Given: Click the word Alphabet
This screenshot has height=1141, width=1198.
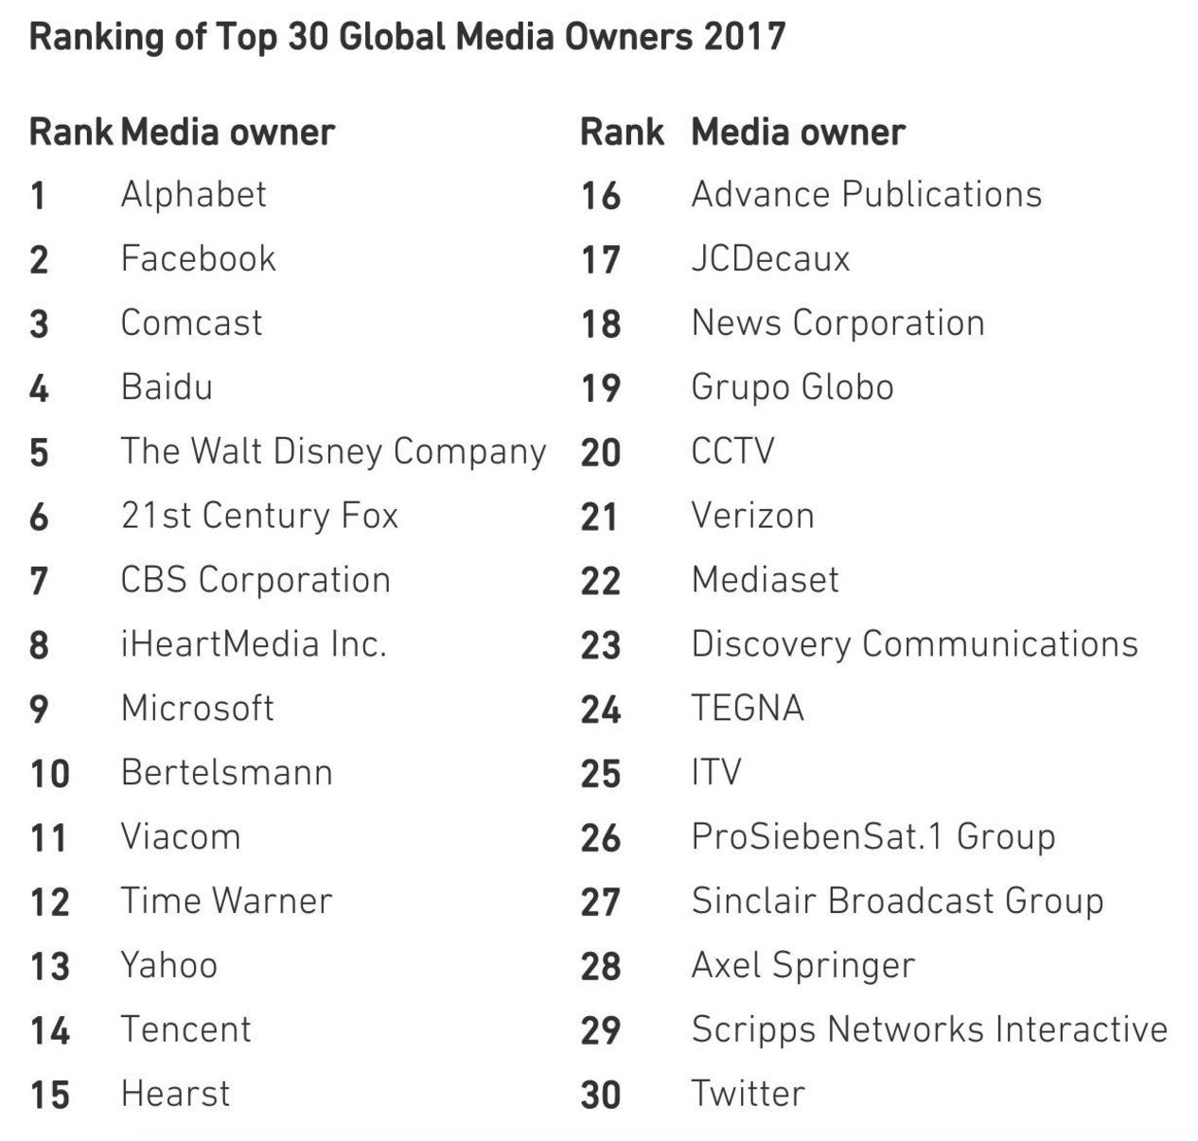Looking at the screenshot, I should coord(193,195).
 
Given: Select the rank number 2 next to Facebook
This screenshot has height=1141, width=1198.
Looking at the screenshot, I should coord(39,260).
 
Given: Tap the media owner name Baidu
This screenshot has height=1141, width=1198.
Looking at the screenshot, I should coord(167,388).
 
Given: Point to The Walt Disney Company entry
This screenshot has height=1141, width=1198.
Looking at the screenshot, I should coord(333,452).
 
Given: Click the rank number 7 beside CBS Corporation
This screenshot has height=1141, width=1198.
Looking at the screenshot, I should coord(39,581).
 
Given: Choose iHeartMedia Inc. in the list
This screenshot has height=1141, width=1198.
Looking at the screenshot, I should coord(254,645).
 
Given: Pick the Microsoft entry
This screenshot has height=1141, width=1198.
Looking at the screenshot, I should coord(197,709).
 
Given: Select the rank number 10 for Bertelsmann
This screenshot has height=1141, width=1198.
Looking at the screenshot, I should coord(50,774).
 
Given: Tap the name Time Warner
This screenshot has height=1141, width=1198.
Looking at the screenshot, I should coord(226,902).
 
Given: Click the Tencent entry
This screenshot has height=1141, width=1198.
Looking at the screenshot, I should coord(185,1029).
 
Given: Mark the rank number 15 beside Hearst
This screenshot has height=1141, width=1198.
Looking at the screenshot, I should coord(50,1096).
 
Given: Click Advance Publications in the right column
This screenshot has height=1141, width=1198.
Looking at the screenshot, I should coord(866,195).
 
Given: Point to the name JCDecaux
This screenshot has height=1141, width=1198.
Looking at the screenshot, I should coord(770,259).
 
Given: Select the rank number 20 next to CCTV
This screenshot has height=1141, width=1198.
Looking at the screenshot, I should coord(600,452).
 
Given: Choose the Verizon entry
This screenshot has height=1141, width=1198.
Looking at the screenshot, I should coord(752,517).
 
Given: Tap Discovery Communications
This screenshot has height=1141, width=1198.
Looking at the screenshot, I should coord(914,645).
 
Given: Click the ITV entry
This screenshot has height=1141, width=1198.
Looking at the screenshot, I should coord(716,773).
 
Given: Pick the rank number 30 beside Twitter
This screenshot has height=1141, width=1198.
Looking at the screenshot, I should coord(600,1096).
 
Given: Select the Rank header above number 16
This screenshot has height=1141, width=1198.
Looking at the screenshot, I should coord(622,132).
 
